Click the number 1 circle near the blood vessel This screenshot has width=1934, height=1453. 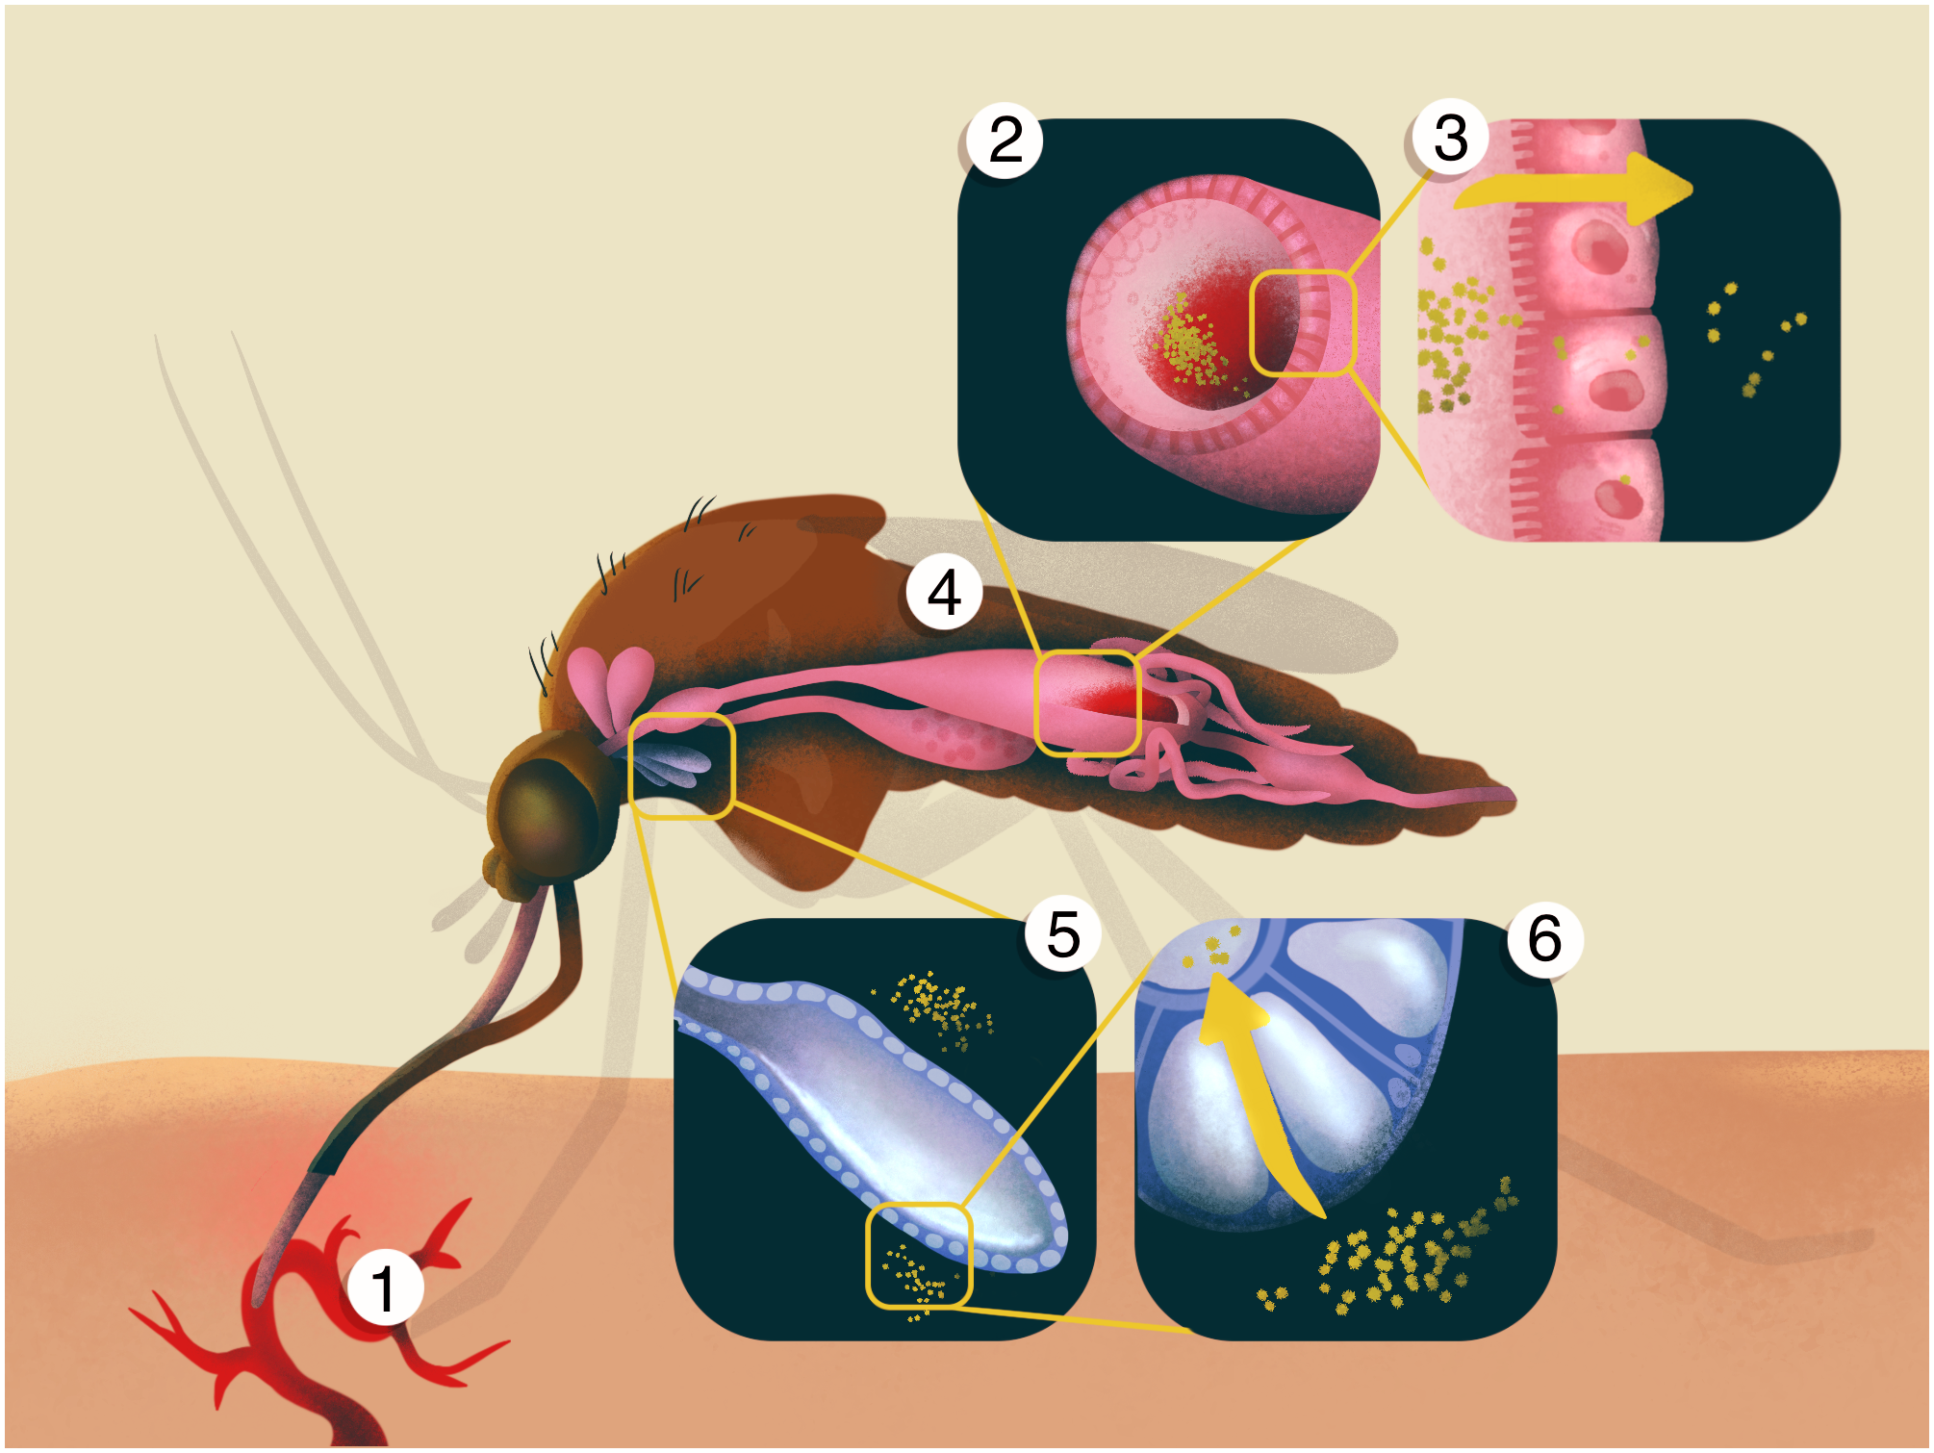click(x=384, y=1287)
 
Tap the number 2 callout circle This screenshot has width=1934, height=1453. click(x=1005, y=140)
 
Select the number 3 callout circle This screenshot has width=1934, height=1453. click(x=1450, y=137)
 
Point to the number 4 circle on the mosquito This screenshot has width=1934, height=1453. click(x=944, y=592)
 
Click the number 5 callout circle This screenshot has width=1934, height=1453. click(x=1062, y=933)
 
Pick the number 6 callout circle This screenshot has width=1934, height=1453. click(x=1544, y=938)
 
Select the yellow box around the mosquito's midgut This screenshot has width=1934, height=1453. click(x=1087, y=702)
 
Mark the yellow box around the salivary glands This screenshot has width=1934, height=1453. click(x=681, y=765)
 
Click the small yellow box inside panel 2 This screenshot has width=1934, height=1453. click(x=1303, y=322)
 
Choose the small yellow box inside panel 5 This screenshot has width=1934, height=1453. click(x=919, y=1256)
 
